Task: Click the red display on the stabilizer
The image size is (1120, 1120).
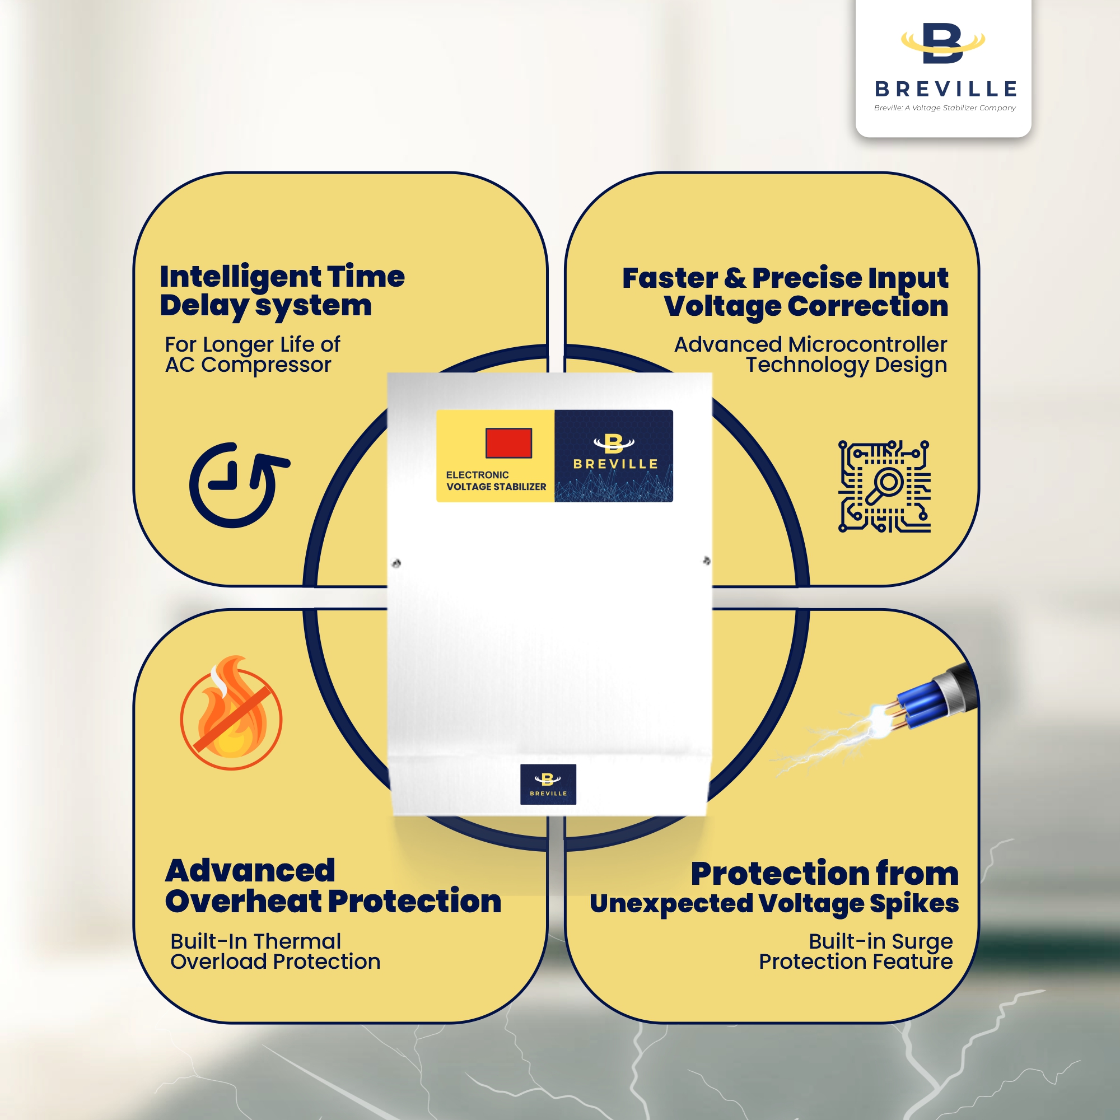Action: (x=508, y=443)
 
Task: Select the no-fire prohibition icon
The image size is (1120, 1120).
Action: (x=231, y=713)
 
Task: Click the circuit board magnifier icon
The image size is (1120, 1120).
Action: (x=885, y=486)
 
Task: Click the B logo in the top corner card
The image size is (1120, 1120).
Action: (x=943, y=44)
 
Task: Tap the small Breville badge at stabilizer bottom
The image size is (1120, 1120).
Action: (x=548, y=785)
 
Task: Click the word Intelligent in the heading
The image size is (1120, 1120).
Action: (x=240, y=277)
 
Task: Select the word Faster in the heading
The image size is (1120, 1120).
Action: (x=670, y=278)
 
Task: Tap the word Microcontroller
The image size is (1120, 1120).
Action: (x=867, y=344)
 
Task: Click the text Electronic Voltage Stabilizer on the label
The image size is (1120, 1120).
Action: (x=496, y=480)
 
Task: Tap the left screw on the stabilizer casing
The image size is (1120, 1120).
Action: (x=396, y=563)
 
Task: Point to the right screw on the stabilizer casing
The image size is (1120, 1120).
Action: (x=707, y=561)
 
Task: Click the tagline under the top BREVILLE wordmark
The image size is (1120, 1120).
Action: (x=945, y=108)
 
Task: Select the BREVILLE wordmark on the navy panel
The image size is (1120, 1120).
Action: (x=615, y=464)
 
